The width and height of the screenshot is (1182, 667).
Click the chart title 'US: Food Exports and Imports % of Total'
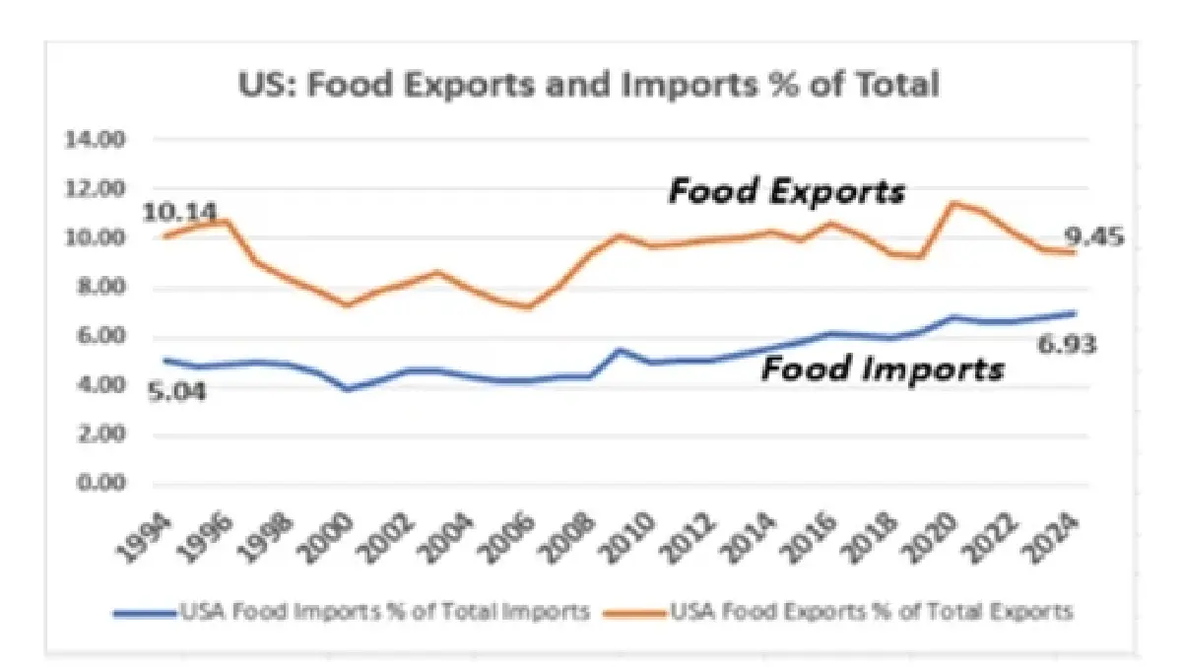pos(589,85)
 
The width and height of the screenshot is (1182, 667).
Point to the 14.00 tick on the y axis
pos(96,140)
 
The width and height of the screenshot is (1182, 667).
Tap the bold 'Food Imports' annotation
pos(884,369)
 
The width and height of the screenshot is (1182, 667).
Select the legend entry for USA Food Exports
pos(872,612)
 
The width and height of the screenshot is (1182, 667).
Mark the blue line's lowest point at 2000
pos(347,389)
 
